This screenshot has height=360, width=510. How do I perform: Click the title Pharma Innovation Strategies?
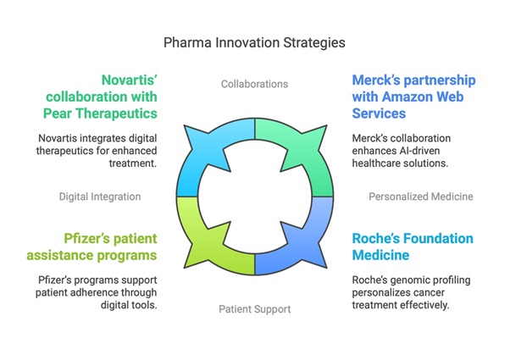(254, 42)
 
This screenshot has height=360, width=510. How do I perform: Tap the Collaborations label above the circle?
(254, 84)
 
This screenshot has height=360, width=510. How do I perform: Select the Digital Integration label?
(100, 197)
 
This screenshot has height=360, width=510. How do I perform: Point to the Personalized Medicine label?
(421, 197)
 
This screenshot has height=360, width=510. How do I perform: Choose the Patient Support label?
(254, 308)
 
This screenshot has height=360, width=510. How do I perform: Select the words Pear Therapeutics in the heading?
(99, 113)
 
